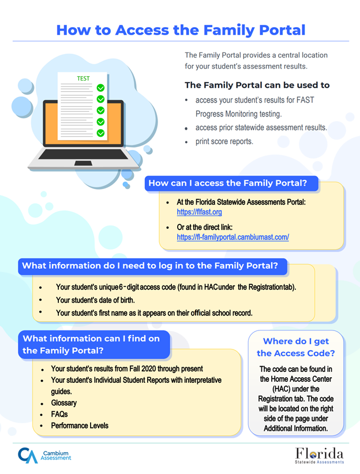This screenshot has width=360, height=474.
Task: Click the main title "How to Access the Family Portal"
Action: [181, 29]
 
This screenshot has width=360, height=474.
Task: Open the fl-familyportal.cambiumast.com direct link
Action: [232, 237]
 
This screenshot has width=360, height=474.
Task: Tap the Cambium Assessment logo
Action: [44, 455]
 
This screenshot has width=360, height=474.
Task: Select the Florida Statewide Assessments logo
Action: [319, 454]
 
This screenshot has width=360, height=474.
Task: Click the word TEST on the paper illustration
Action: [84, 78]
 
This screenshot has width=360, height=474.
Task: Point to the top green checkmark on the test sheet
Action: [100, 88]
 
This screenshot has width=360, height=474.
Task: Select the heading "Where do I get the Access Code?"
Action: [295, 347]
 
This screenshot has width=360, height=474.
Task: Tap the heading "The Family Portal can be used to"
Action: [257, 85]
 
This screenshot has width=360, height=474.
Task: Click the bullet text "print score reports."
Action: [224, 141]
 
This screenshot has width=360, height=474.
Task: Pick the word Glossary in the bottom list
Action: [63, 403]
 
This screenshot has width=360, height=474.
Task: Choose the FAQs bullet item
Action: [59, 414]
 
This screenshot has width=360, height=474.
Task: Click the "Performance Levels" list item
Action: [79, 426]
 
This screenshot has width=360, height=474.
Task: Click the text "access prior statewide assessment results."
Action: [261, 127]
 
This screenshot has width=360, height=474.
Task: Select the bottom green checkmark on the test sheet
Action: [100, 133]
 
